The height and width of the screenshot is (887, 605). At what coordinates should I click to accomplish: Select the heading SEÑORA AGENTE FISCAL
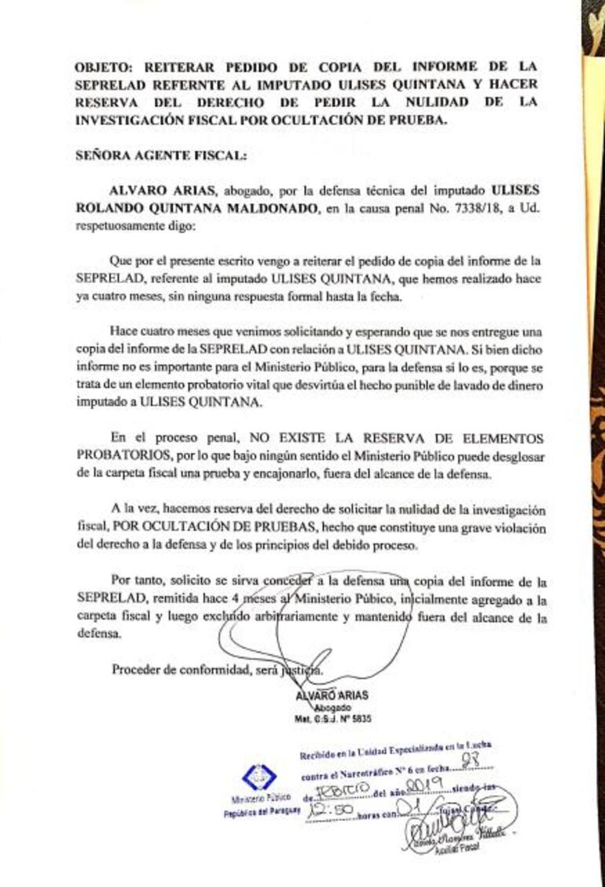tap(160, 156)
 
